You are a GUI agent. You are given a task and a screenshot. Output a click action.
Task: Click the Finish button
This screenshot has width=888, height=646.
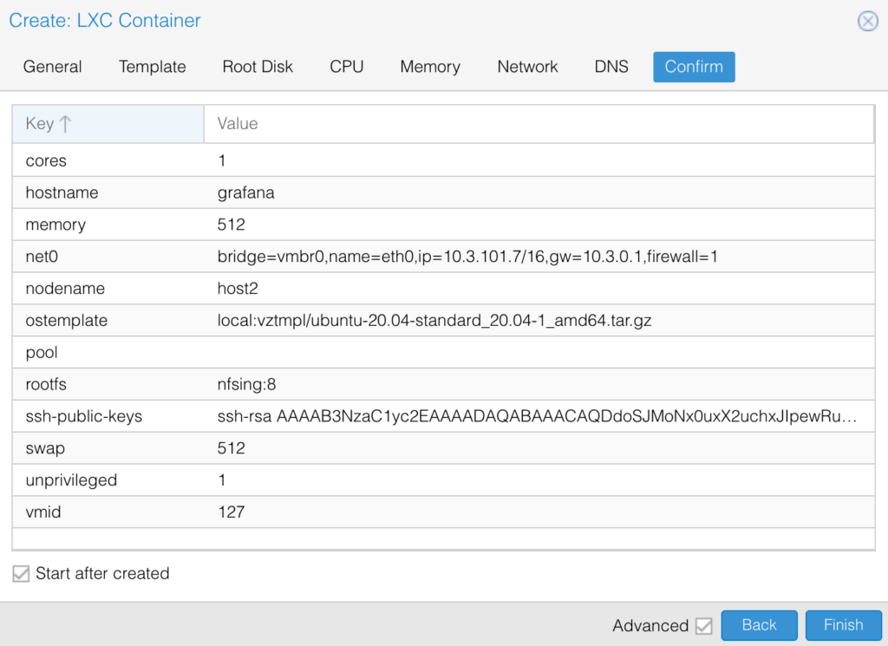[x=843, y=625]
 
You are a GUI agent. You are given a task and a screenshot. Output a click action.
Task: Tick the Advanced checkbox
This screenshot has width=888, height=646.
[x=704, y=625]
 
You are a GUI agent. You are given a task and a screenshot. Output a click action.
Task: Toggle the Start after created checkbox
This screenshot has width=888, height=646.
[x=21, y=573]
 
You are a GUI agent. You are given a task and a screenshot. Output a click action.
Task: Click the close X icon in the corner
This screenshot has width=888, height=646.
[x=867, y=21]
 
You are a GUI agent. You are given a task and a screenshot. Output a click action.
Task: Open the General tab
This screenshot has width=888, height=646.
[x=53, y=67]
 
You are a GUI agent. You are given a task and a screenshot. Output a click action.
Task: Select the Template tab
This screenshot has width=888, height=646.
[x=153, y=67]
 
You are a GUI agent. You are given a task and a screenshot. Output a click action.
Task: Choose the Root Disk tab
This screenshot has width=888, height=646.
[x=258, y=67]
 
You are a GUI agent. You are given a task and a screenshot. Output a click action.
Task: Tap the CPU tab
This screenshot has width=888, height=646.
[x=347, y=67]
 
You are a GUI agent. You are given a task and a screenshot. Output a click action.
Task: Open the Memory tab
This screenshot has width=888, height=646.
[x=430, y=67]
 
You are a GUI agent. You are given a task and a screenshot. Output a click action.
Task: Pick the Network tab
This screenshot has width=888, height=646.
[x=528, y=67]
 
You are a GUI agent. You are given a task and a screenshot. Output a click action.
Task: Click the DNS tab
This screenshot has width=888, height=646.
[x=611, y=67]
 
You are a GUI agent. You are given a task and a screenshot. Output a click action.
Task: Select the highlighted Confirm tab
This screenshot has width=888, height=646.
[x=695, y=67]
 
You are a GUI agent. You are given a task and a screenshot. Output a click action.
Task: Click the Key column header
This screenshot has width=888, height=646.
[x=108, y=123]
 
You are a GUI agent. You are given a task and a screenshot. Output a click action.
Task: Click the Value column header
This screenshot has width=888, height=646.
[x=539, y=123]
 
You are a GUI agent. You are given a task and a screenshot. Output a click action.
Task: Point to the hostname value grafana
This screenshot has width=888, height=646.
[x=245, y=193]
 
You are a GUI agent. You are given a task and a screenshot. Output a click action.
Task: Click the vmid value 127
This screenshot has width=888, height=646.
[x=232, y=512]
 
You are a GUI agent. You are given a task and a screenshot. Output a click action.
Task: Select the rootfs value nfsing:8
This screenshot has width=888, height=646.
[x=246, y=384]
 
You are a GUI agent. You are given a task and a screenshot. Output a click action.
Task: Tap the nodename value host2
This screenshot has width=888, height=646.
[x=238, y=289]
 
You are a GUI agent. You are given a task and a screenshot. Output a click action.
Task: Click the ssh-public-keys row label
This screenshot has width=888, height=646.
[x=84, y=417]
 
